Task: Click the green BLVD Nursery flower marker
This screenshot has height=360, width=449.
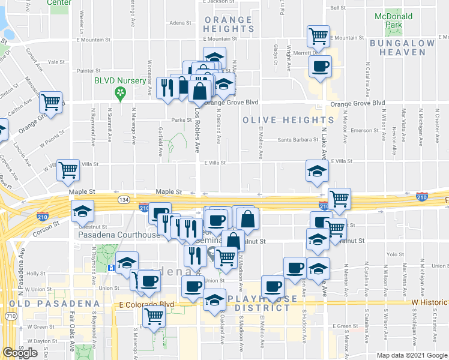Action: pyautogui.click(x=120, y=92)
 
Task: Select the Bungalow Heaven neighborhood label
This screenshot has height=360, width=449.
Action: pyautogui.click(x=402, y=49)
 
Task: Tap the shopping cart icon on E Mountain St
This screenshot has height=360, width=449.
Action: pyautogui.click(x=318, y=35)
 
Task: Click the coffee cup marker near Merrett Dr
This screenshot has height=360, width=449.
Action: pyautogui.click(x=320, y=65)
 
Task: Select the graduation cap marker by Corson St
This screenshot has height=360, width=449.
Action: pyautogui.click(x=83, y=211)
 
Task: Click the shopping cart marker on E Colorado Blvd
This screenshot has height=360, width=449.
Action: pyautogui.click(x=154, y=316)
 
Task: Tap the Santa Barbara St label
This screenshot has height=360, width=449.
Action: pyautogui.click(x=297, y=140)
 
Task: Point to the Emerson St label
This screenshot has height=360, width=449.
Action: pyautogui.click(x=362, y=130)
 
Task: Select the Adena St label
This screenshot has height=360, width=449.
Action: pyautogui.click(x=179, y=23)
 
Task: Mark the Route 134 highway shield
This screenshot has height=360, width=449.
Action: pyautogui.click(x=124, y=199)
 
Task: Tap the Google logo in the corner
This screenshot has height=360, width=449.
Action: pyautogui.click(x=20, y=353)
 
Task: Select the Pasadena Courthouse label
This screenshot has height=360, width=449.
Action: pyautogui.click(x=119, y=235)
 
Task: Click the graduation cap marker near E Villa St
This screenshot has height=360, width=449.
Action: pyautogui.click(x=316, y=171)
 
